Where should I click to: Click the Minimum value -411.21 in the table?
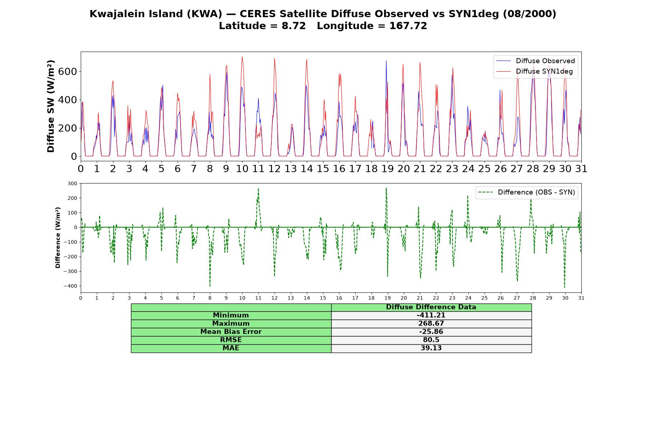pyautogui.click(x=431, y=315)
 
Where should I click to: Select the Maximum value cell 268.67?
pyautogui.click(x=431, y=324)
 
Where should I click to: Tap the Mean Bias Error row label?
pyautogui.click(x=231, y=332)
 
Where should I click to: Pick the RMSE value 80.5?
pyautogui.click(x=431, y=340)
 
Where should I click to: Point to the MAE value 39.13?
pyautogui.click(x=431, y=348)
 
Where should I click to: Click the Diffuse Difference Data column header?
pyautogui.click(x=431, y=307)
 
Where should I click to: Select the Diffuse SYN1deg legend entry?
pyautogui.click(x=534, y=71)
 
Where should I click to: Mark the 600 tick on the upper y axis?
pyautogui.click(x=67, y=72)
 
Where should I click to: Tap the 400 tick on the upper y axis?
pyautogui.click(x=67, y=100)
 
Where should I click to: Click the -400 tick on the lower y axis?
pyautogui.click(x=70, y=286)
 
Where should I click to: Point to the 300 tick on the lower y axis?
pyautogui.click(x=72, y=183)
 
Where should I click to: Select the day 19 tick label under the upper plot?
pyautogui.click(x=388, y=169)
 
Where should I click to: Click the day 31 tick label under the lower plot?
pyautogui.click(x=581, y=298)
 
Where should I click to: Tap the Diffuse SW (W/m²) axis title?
pyautogui.click(x=51, y=106)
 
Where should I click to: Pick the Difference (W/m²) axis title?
pyautogui.click(x=58, y=238)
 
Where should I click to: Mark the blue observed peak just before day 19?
pyautogui.click(x=386, y=61)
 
